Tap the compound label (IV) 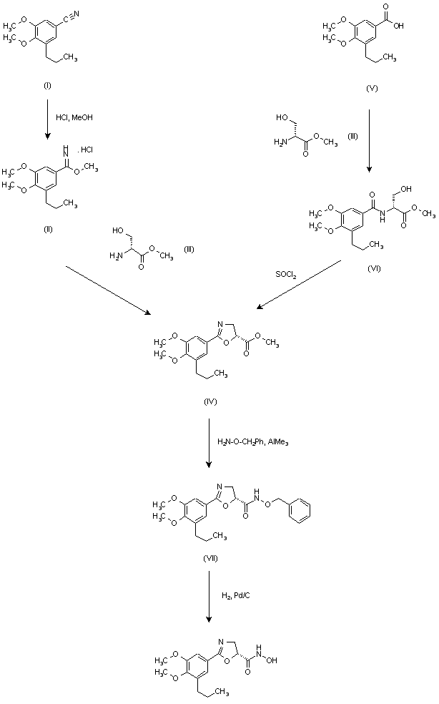point(209,403)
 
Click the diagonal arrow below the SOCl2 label point(297,285)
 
